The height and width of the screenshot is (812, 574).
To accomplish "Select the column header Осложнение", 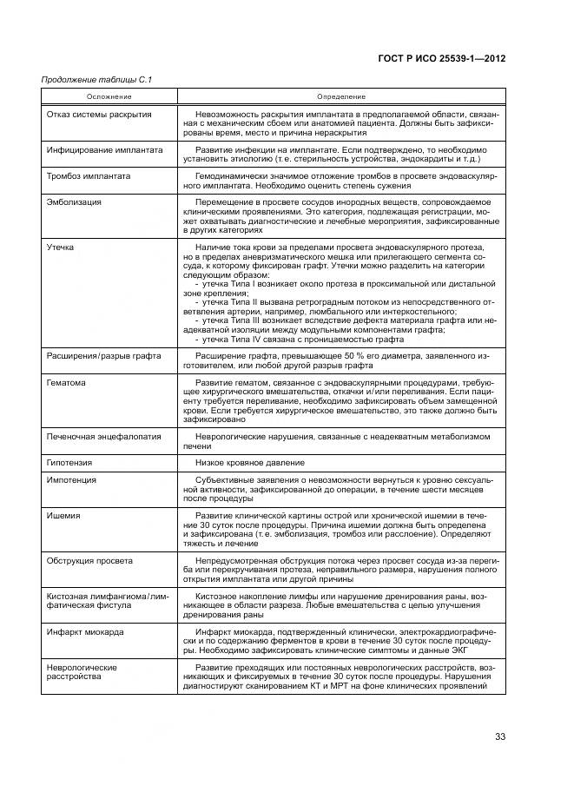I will (109, 96).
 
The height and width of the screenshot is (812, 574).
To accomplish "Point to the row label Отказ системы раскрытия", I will (99, 114).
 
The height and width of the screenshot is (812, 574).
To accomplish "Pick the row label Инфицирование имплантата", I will (104, 149).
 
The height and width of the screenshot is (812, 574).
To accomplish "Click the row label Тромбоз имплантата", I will (89, 175).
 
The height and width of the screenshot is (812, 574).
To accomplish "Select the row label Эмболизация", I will (74, 201).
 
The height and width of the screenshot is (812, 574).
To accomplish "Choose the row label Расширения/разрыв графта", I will (102, 356).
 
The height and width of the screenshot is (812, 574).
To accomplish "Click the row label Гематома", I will (66, 382).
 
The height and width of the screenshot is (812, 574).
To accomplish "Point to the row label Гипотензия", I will (69, 463).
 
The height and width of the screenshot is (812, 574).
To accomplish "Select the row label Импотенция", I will (71, 479).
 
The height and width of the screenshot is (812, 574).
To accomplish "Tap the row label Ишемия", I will (63, 515).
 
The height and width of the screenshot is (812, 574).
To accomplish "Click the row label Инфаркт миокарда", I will (85, 632).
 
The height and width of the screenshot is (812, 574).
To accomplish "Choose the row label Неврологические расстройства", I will (82, 672).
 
